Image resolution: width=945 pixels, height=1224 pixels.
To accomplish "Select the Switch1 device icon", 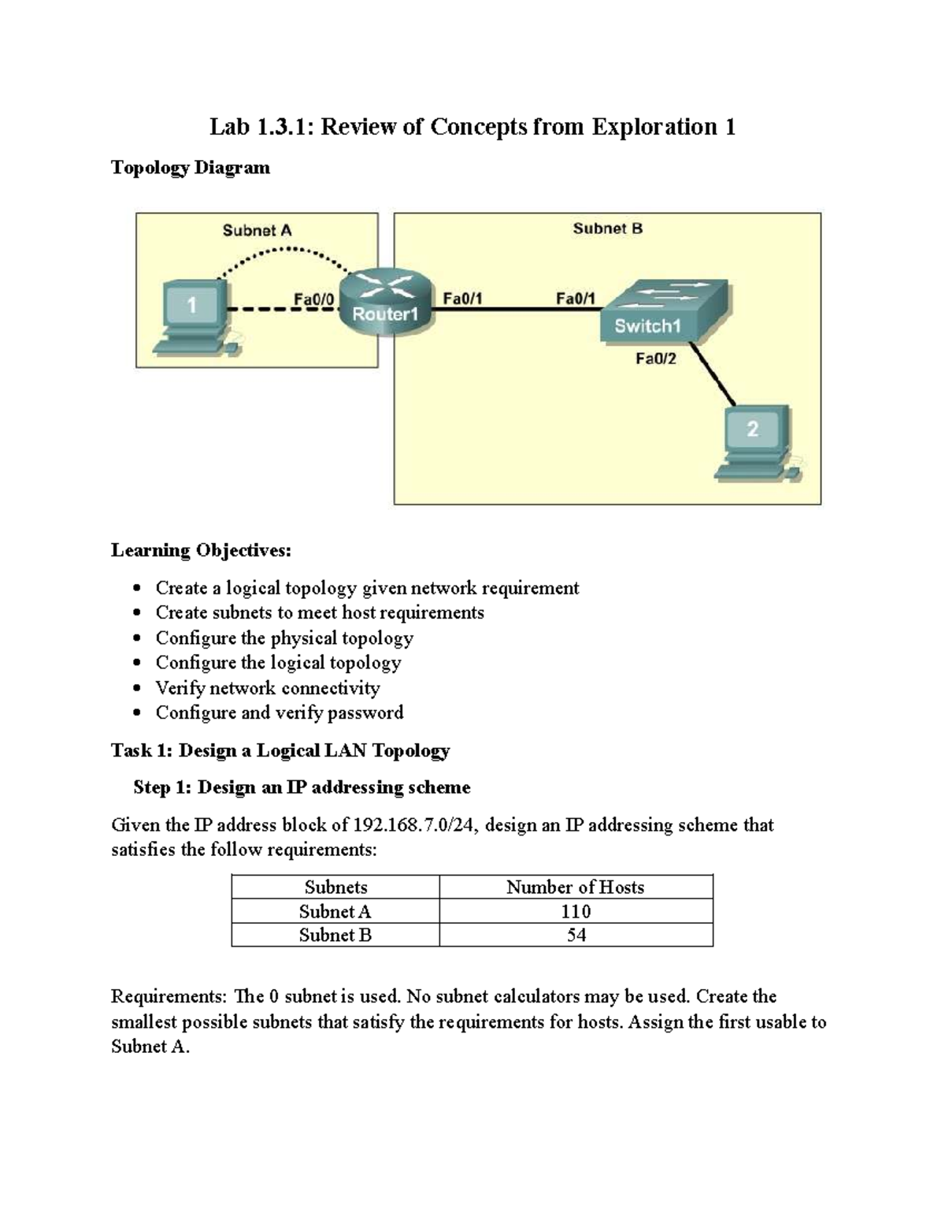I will pyautogui.click(x=663, y=312).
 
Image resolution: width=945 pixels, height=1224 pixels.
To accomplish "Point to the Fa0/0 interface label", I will pyautogui.click(x=313, y=299).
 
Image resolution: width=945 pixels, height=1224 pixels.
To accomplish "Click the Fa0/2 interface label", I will pyautogui.click(x=655, y=359).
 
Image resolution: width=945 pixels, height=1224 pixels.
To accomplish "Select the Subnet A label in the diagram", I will pyautogui.click(x=257, y=230).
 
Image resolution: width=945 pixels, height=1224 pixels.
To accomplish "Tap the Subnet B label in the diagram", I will pyautogui.click(x=607, y=229).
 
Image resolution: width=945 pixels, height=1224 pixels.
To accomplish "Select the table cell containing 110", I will pyautogui.click(x=576, y=911).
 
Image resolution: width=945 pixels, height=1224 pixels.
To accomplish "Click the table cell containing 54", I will pyautogui.click(x=576, y=935).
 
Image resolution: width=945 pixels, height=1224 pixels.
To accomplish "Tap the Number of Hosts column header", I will pyautogui.click(x=575, y=887).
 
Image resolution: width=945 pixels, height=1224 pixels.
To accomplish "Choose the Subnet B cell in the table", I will pyautogui.click(x=335, y=935).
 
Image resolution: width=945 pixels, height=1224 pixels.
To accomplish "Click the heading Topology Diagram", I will pyautogui.click(x=191, y=167).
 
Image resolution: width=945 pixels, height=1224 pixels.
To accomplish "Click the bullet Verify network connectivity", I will pyautogui.click(x=267, y=688).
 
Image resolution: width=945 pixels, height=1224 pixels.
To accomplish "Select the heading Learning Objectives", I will pyautogui.click(x=201, y=550).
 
